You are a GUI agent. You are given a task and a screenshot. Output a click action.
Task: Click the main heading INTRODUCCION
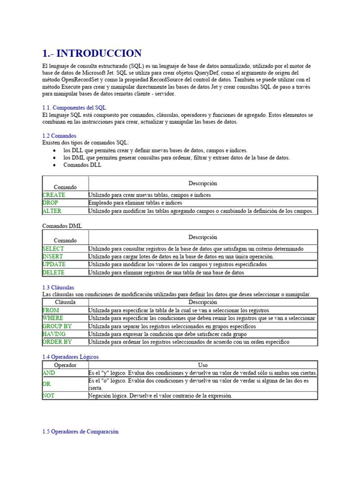[x=92, y=53]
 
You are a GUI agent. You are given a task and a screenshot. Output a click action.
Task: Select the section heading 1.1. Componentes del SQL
[x=74, y=107]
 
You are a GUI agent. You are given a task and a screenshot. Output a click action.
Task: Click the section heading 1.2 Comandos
[x=59, y=136]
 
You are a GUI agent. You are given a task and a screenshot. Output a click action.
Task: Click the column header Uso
[x=203, y=365]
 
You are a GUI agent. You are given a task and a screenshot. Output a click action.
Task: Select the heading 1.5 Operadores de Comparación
[x=80, y=432]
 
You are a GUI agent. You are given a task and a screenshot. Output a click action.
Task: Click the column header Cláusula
[x=65, y=302]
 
